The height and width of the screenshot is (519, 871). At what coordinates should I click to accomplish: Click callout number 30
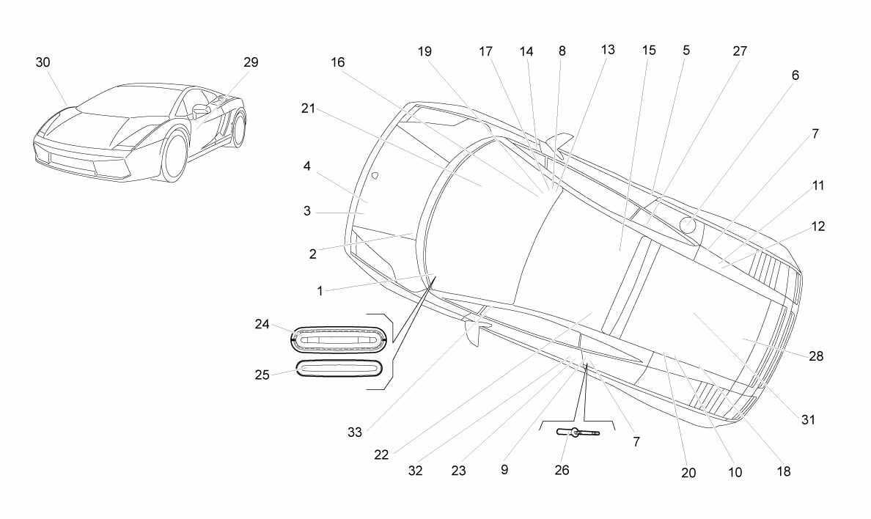(43, 62)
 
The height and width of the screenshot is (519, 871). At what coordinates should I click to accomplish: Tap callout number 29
(251, 62)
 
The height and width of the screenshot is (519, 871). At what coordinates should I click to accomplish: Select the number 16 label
(338, 62)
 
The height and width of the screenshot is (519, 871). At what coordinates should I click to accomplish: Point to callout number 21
(308, 109)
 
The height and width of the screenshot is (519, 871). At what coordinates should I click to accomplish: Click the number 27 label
(740, 51)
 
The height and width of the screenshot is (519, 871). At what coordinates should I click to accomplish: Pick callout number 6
(795, 75)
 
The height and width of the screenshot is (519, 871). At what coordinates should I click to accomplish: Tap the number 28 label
(816, 356)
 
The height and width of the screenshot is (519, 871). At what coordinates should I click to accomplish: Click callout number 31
(808, 420)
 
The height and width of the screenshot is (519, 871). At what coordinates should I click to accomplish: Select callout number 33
(354, 432)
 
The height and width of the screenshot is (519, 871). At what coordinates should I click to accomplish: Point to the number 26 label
(562, 470)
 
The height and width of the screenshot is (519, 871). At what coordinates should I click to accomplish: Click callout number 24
(262, 324)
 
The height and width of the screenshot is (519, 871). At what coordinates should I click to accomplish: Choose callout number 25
(262, 375)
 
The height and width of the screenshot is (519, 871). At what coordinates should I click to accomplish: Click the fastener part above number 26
(578, 432)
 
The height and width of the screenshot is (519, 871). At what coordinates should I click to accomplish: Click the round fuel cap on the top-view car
(688, 225)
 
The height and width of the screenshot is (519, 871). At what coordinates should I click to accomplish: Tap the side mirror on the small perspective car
(200, 109)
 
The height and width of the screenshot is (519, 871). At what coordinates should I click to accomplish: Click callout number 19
(425, 51)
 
